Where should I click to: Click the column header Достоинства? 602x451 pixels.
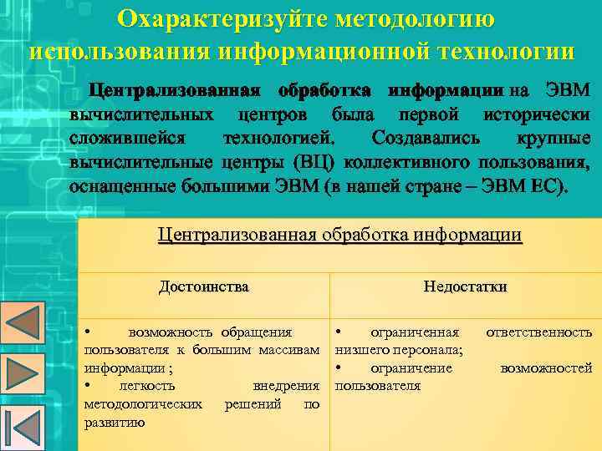[204, 286]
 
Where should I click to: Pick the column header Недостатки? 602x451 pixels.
[465, 286]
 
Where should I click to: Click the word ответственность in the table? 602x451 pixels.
[538, 332]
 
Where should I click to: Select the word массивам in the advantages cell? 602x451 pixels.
[290, 350]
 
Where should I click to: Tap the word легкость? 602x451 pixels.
[146, 386]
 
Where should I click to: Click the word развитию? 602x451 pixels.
[115, 422]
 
